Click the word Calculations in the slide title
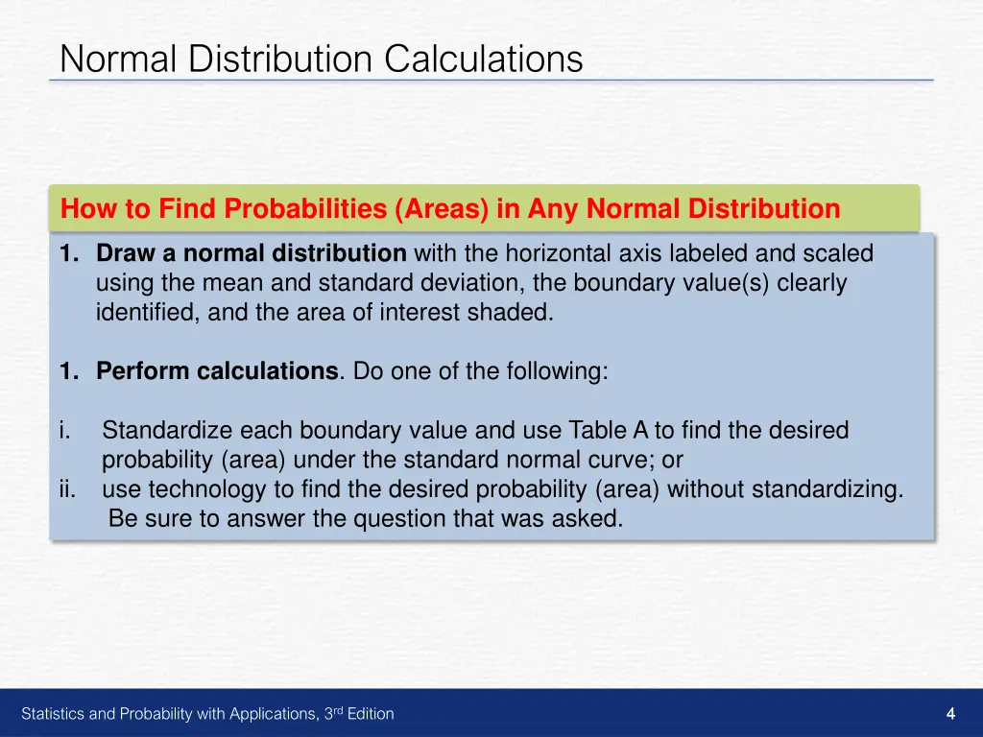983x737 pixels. pyautogui.click(x=484, y=59)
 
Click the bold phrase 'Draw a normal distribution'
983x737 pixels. pyautogui.click(x=252, y=254)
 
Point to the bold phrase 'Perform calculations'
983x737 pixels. pyautogui.click(x=217, y=371)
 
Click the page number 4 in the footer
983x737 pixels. pyautogui.click(x=950, y=713)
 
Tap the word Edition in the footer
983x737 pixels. pyautogui.click(x=371, y=714)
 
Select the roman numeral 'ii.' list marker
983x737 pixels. pyautogui.click(x=67, y=490)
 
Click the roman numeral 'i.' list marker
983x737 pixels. pyautogui.click(x=63, y=431)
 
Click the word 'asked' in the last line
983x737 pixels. pyautogui.click(x=592, y=520)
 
